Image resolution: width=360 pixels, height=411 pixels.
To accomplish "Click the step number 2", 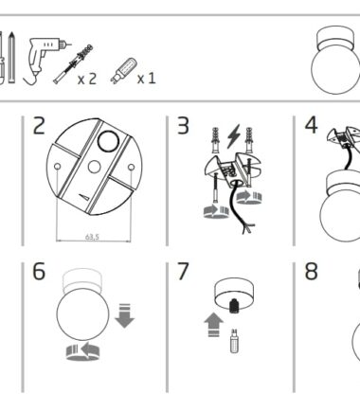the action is [x=39, y=126].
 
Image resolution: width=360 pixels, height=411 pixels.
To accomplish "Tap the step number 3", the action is [x=183, y=126].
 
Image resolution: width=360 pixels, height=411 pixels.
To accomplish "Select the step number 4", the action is [x=311, y=125].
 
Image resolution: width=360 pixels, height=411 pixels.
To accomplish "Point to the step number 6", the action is [x=39, y=271].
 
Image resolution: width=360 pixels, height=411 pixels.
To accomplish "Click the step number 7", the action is [x=183, y=271].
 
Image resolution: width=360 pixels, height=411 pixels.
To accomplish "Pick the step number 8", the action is [x=311, y=271].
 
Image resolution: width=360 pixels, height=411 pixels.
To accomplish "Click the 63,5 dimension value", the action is [x=92, y=237].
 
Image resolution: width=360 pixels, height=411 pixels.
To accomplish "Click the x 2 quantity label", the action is [x=86, y=79].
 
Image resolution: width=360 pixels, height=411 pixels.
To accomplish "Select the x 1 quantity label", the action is [x=146, y=79].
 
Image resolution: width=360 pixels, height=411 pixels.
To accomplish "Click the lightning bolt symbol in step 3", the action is [x=234, y=136].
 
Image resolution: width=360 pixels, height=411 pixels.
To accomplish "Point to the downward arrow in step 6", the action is [x=125, y=315].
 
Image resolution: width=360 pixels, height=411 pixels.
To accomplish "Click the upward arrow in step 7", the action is [x=214, y=325].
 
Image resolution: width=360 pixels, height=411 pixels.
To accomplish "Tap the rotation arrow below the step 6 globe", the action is [x=82, y=352].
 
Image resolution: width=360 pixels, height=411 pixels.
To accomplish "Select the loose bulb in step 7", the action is [x=234, y=341].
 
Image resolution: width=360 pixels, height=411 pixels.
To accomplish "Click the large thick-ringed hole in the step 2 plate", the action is [x=108, y=141].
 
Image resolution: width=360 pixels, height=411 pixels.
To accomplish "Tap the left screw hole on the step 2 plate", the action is [x=58, y=167].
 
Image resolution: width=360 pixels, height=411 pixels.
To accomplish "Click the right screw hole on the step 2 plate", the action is [x=132, y=167].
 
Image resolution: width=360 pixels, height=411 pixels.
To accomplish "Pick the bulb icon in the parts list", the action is [x=123, y=71].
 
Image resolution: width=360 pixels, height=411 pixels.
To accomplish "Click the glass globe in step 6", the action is [x=83, y=313].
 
